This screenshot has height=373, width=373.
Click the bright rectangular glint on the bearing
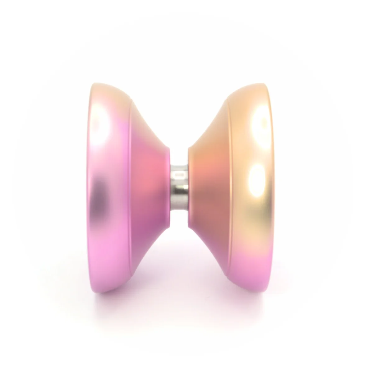pyautogui.click(x=179, y=175)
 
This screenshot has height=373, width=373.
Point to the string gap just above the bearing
pyautogui.click(x=179, y=155)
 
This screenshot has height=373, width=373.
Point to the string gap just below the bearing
pyautogui.click(x=179, y=218)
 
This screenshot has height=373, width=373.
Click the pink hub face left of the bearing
pyautogui.click(x=163, y=186)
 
